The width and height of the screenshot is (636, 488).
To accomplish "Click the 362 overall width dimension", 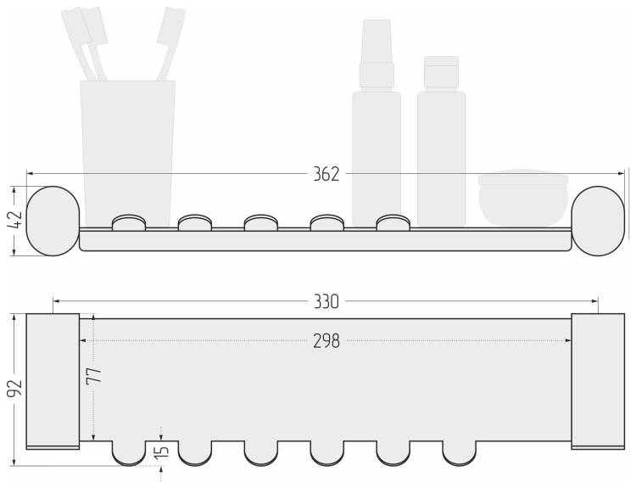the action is pyautogui.click(x=326, y=174).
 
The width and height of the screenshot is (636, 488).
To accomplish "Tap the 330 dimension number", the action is pyautogui.click(x=326, y=301).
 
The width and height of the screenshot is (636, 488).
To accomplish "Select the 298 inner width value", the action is pyautogui.click(x=326, y=341).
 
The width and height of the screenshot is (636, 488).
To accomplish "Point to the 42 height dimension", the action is pyautogui.click(x=15, y=220).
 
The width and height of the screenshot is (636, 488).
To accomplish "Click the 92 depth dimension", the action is pyautogui.click(x=14, y=389).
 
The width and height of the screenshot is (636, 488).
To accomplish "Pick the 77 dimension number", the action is pyautogui.click(x=93, y=376).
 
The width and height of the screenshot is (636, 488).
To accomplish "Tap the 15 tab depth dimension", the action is pyautogui.click(x=161, y=452).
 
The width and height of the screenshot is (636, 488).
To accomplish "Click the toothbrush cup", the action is pyautogui.click(x=128, y=154).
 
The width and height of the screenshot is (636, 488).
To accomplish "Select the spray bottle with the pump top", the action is pyautogui.click(x=377, y=122).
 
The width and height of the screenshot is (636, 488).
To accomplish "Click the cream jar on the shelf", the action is pyautogui.click(x=523, y=198).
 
